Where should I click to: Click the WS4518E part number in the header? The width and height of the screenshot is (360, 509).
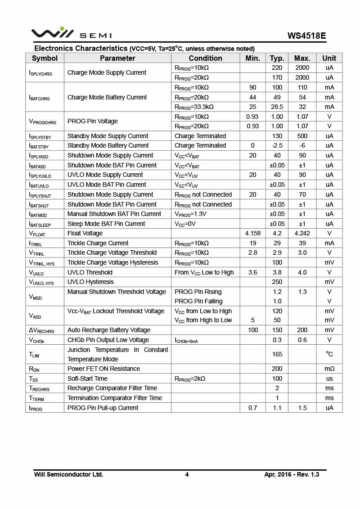click(307, 36)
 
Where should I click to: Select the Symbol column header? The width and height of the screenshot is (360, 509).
click(45, 58)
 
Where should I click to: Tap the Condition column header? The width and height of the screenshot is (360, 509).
click(205, 58)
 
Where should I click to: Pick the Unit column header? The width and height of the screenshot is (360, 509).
click(329, 58)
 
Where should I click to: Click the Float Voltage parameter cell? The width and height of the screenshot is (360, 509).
click(85, 233)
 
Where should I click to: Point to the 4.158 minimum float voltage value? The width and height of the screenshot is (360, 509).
click(253, 233)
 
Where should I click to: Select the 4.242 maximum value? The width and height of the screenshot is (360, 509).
click(302, 233)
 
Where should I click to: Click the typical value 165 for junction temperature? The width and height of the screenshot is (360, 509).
click(277, 354)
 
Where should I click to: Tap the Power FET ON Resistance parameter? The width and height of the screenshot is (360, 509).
click(103, 369)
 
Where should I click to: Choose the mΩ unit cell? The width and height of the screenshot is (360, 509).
click(329, 369)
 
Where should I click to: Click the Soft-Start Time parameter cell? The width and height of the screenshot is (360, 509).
click(87, 378)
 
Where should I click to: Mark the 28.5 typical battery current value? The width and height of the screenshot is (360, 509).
click(277, 107)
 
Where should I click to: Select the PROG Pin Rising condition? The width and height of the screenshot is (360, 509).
click(198, 292)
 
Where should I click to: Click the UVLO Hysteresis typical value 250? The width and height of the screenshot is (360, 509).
click(277, 282)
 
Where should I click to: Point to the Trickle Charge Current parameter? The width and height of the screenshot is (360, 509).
click(98, 243)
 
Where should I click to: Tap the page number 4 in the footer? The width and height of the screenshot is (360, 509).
click(187, 474)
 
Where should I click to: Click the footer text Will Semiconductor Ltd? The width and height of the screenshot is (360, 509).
click(68, 474)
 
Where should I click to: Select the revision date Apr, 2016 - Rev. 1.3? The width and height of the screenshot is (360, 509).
click(292, 474)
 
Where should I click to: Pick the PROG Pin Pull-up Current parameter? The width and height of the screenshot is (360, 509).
click(103, 408)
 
